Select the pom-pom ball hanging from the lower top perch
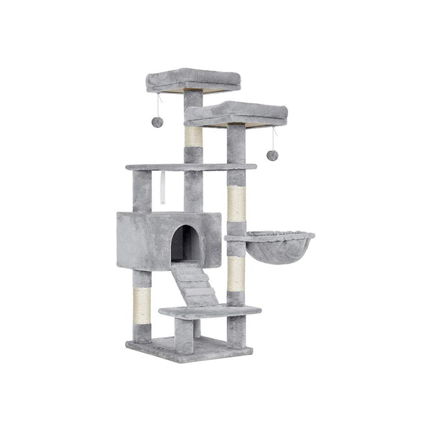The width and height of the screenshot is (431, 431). pyautogui.click(x=272, y=154)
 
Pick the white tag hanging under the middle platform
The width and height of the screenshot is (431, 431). pyautogui.click(x=163, y=189)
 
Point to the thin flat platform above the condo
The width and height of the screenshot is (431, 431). pyautogui.click(x=191, y=167)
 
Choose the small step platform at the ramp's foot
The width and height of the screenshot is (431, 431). pyautogui.click(x=209, y=311)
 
